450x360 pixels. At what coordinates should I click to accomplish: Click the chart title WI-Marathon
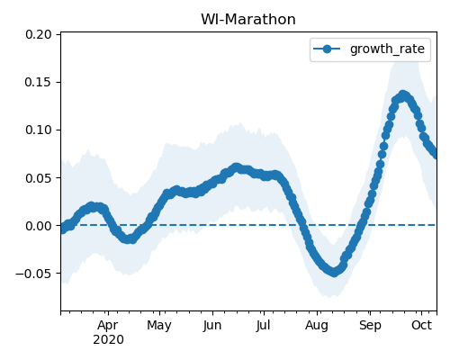pyautogui.click(x=248, y=20)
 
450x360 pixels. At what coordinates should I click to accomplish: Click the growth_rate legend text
pyautogui.click(x=387, y=49)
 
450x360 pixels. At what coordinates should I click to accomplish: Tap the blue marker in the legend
pyautogui.click(x=327, y=49)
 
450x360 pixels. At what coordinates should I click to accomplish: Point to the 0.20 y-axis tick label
pyautogui.click(x=39, y=34)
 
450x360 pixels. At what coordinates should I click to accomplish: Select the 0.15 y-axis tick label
pyautogui.click(x=39, y=82)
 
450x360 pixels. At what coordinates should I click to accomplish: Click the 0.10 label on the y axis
pyautogui.click(x=39, y=130)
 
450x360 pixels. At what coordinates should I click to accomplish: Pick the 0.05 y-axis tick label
pyautogui.click(x=39, y=178)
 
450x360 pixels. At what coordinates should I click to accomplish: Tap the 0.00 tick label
pyautogui.click(x=39, y=226)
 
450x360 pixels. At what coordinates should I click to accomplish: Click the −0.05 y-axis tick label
pyautogui.click(x=33, y=274)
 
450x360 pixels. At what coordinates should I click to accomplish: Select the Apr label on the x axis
pyautogui.click(x=108, y=326)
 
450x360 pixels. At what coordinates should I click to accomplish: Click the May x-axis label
pyautogui.click(x=159, y=326)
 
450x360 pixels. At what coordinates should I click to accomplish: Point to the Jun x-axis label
pyautogui.click(x=212, y=325)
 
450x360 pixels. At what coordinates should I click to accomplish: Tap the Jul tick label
pyautogui.click(x=264, y=325)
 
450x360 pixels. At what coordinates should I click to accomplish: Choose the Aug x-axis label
pyautogui.click(x=317, y=326)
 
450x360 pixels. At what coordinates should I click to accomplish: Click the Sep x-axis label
pyautogui.click(x=370, y=326)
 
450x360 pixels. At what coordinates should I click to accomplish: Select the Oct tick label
pyautogui.click(x=421, y=325)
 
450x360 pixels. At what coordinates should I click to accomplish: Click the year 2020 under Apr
pyautogui.click(x=108, y=340)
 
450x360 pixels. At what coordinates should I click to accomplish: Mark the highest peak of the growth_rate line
pyautogui.click(x=403, y=95)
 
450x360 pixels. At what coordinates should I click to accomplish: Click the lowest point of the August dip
pyautogui.click(x=334, y=272)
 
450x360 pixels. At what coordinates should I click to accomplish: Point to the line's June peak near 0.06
pyautogui.click(x=237, y=167)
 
